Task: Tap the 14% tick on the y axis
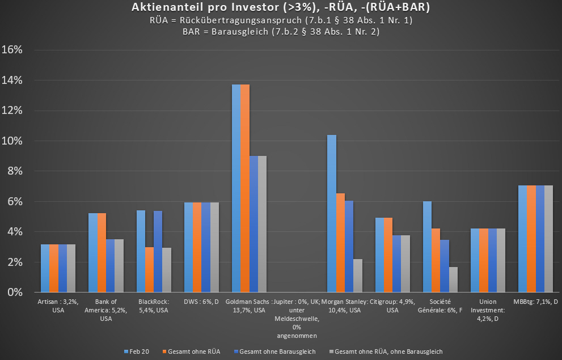pos(12,80)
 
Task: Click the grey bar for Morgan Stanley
pos(357,276)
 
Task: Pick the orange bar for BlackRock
pos(149,269)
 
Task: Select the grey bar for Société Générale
pos(453,279)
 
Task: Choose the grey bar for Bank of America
pos(119,266)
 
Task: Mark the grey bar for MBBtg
pos(548,239)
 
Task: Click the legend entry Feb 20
pos(136,351)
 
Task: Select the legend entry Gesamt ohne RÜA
pos(191,351)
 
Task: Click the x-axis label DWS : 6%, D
pos(197,302)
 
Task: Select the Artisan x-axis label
pos(58,306)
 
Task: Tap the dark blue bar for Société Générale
pos(445,266)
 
